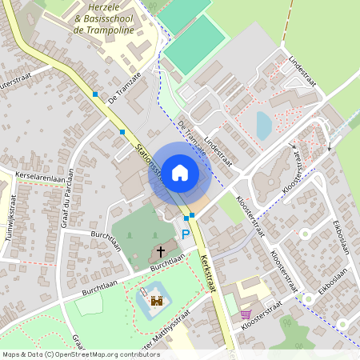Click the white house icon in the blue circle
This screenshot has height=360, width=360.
[x=180, y=172]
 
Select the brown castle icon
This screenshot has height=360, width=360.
[x=157, y=302]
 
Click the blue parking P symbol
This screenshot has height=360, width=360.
[x=186, y=234]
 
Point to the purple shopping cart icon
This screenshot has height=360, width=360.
[x=245, y=314]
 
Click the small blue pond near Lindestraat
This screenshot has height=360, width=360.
[x=263, y=125]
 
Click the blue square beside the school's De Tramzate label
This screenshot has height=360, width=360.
[x=95, y=94]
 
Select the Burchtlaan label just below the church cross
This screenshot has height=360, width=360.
[x=167, y=262]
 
